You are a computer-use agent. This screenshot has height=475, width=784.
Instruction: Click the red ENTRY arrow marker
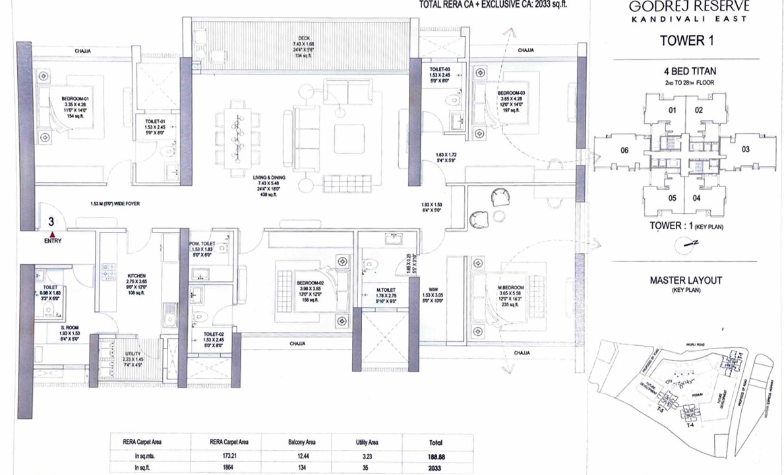52,233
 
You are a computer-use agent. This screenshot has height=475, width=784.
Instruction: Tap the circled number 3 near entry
51,222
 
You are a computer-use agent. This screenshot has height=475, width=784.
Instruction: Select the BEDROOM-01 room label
75,99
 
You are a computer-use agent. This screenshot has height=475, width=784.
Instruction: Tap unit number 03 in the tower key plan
746,150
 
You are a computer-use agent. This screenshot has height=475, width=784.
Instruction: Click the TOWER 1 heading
687,41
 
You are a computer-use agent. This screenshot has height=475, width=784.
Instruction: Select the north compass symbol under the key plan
688,243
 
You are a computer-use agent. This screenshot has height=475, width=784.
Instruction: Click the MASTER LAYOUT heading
686,280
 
